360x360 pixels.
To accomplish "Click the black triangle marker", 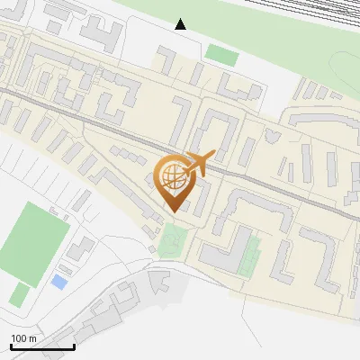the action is click(181, 24).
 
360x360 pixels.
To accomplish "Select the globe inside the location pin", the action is click(172, 175).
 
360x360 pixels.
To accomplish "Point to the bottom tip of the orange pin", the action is click(172, 210).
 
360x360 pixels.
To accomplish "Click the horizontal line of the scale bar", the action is click(42, 346).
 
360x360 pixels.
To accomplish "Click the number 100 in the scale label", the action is click(20, 338).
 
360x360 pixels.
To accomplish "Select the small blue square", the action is click(58, 282).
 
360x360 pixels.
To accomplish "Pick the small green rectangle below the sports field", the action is click(19, 294).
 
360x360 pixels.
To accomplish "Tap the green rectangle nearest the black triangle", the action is click(220, 54).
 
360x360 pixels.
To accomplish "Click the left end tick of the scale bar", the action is click(11, 345).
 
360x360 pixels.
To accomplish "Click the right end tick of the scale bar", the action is click(74, 345).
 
